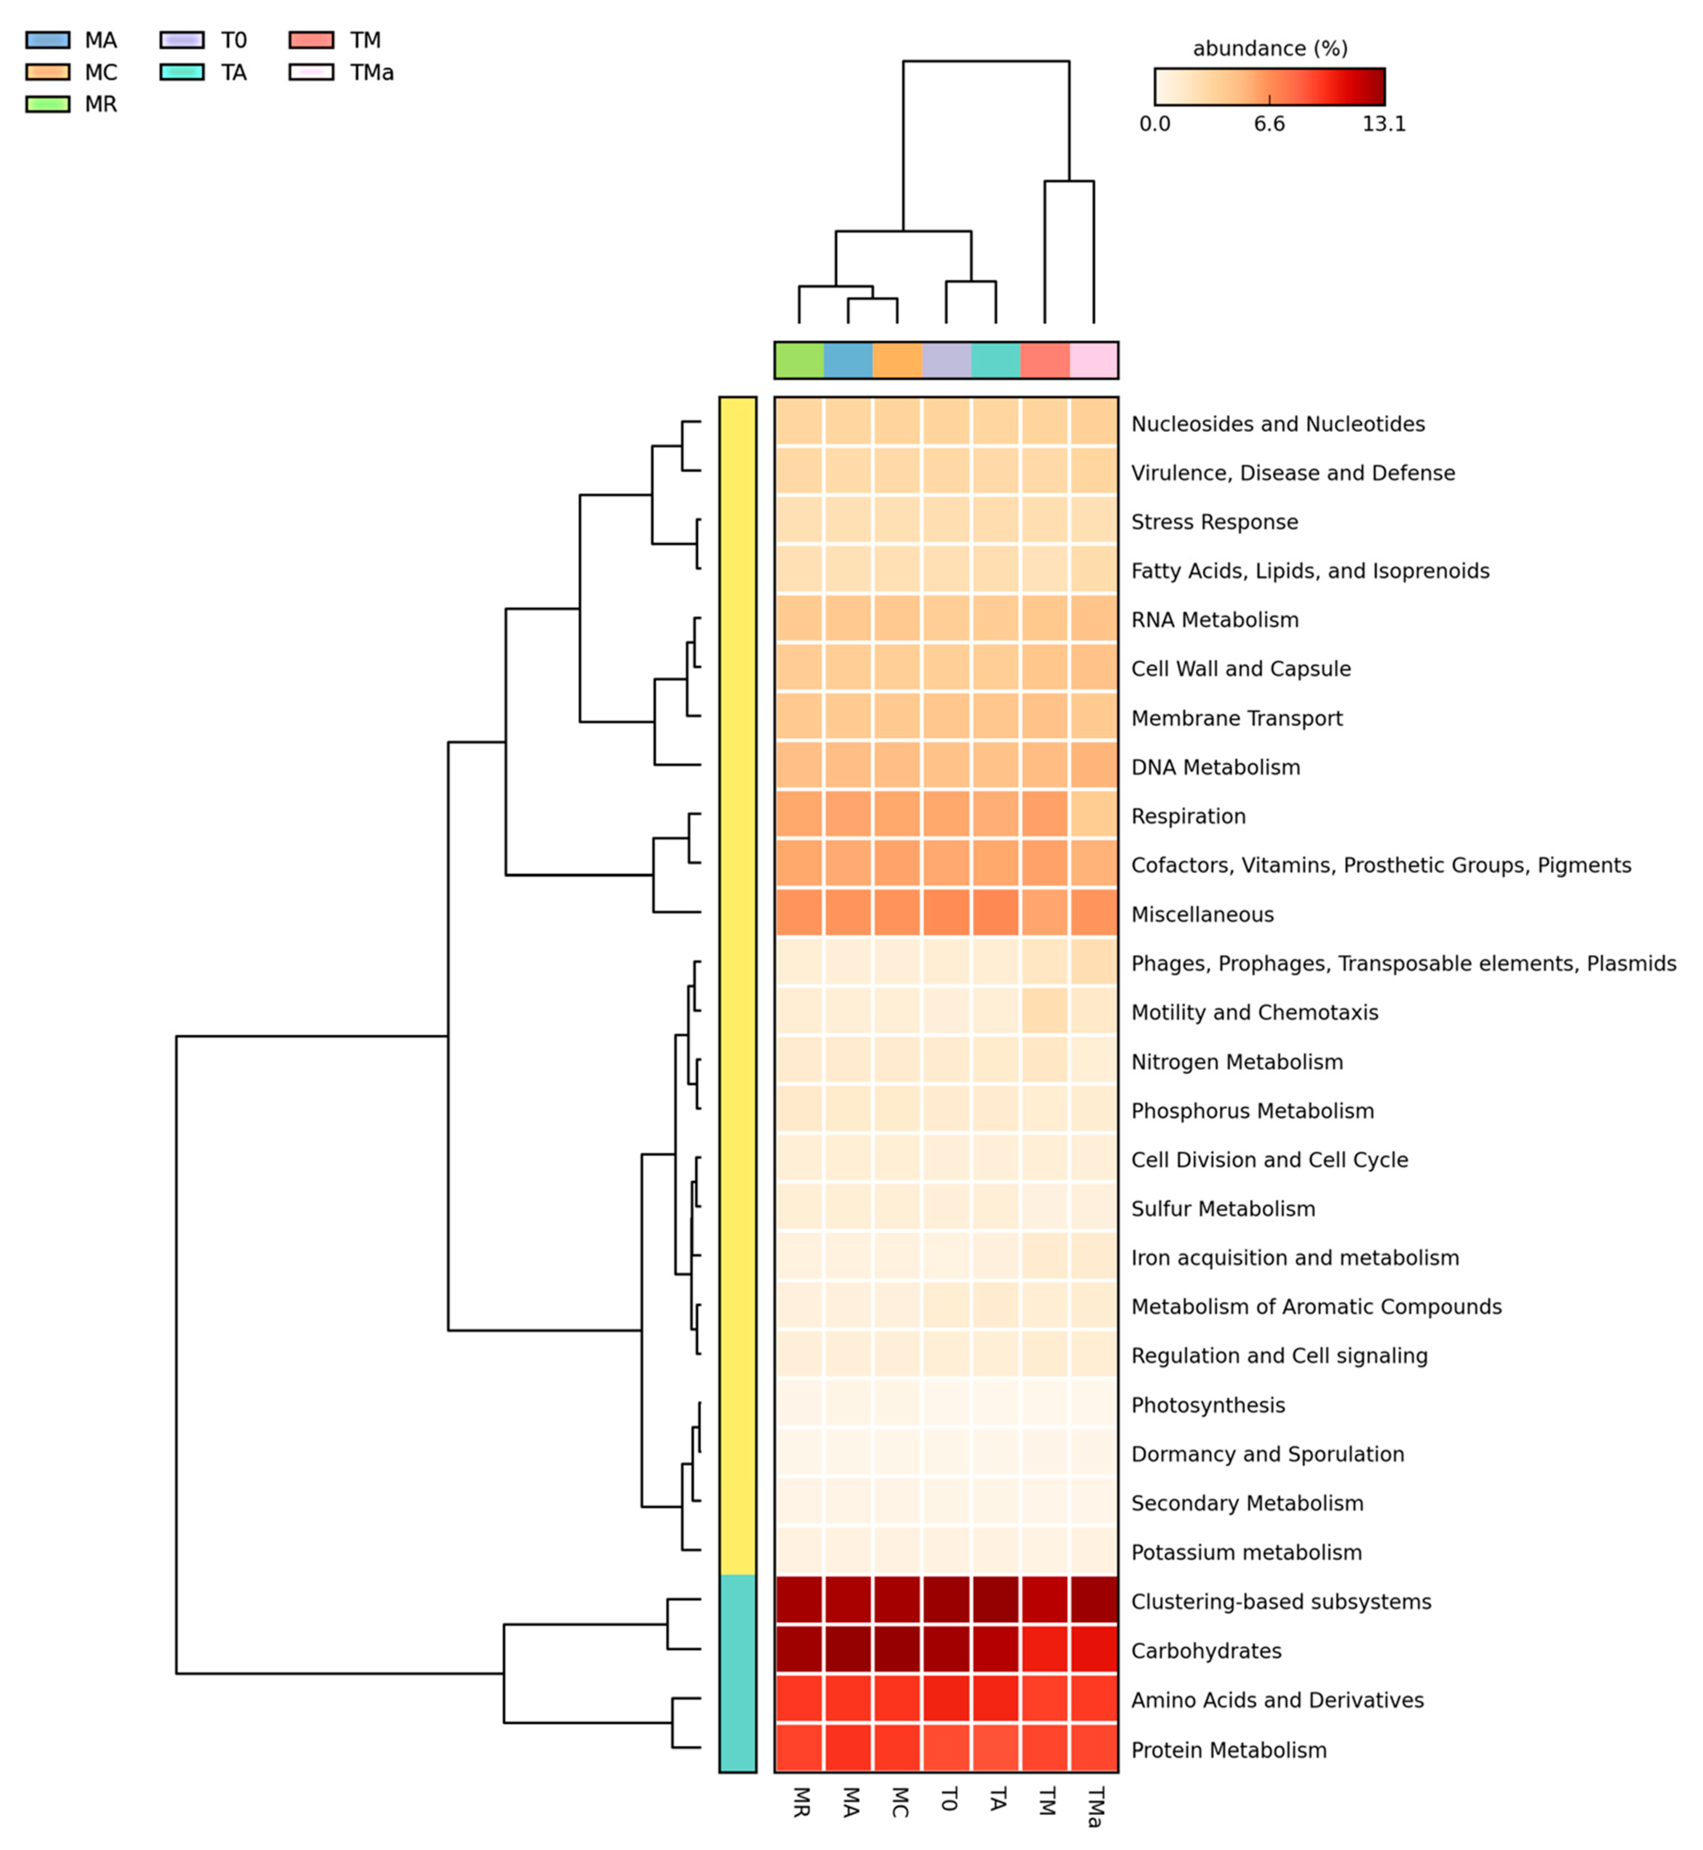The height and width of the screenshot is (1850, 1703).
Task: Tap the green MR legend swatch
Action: pos(47,104)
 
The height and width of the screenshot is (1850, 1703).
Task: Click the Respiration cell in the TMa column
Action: pos(1094,816)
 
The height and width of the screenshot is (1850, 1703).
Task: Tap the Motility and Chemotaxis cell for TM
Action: pos(1045,1012)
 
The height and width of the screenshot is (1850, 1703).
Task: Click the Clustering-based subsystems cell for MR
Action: pos(799,1601)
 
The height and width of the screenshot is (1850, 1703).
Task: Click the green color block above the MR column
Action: pos(799,360)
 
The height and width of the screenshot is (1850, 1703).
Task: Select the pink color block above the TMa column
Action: pos(1094,360)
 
